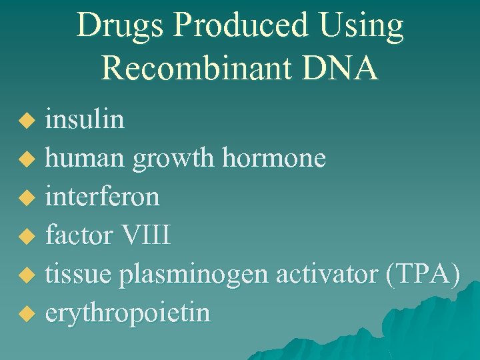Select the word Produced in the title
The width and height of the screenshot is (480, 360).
tap(239, 27)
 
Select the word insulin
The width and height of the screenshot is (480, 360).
tap(85, 120)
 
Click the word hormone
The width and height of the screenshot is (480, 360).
tap(274, 159)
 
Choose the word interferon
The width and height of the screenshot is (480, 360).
tap(102, 197)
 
